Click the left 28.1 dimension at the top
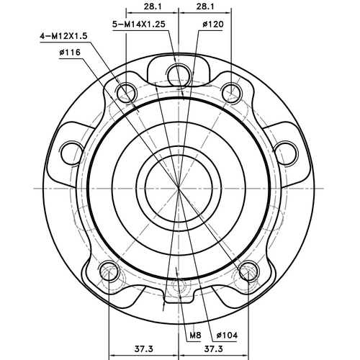point(152,6)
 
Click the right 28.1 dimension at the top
point(205,6)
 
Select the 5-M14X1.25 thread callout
point(143,24)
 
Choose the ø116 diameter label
point(70,53)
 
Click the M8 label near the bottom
point(195,336)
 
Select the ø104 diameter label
point(227,336)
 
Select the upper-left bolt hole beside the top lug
point(127,91)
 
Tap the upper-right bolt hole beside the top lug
point(230,91)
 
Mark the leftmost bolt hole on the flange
point(71,151)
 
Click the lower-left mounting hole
point(109,272)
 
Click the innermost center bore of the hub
point(178,186)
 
